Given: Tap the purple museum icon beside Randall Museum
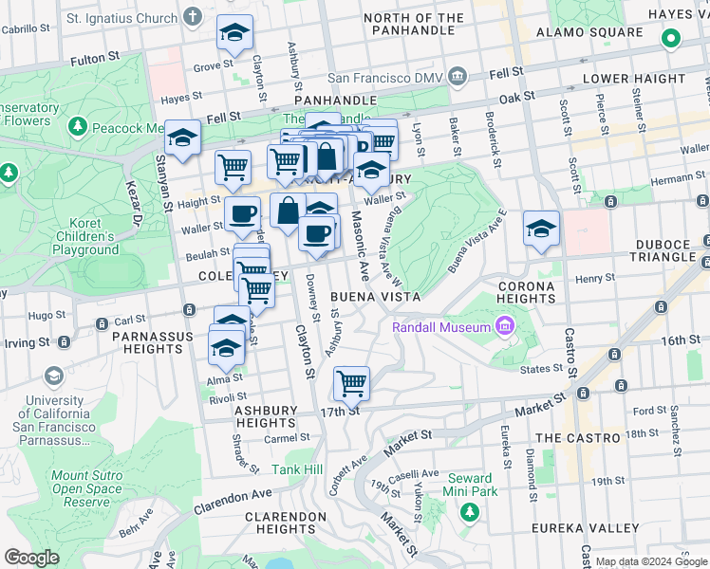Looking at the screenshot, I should [x=505, y=328].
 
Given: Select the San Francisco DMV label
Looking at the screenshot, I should [x=387, y=77].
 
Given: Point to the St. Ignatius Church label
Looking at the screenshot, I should [x=121, y=18].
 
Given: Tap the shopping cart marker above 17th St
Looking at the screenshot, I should [x=351, y=383].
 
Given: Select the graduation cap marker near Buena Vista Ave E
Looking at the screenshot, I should [x=541, y=229].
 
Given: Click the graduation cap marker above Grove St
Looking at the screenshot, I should [x=234, y=33].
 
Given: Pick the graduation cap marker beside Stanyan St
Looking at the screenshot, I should [x=182, y=138].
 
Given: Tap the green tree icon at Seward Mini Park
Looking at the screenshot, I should [x=468, y=512].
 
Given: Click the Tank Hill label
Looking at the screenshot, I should [x=297, y=469].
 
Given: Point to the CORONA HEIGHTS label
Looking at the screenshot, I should [x=525, y=291].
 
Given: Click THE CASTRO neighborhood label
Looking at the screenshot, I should [x=576, y=437].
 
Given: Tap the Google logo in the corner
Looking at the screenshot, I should [x=31, y=558].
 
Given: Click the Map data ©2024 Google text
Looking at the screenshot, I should [x=650, y=562].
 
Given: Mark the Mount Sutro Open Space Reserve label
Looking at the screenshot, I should [x=87, y=489].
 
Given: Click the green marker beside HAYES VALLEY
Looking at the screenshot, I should [x=671, y=39].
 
